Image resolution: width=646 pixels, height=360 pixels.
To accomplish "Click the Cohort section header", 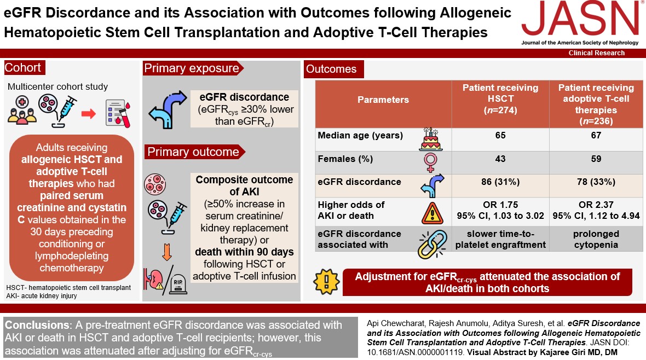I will click(x=23, y=68).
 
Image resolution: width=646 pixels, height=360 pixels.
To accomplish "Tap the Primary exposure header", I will click(x=191, y=68).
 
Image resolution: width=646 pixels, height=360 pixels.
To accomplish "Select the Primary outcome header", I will click(x=191, y=152).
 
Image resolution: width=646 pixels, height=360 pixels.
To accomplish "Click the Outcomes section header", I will click(x=331, y=69).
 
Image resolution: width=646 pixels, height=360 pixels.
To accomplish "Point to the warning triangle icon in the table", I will click(x=430, y=211).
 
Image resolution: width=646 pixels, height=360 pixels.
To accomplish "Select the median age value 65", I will click(x=500, y=136).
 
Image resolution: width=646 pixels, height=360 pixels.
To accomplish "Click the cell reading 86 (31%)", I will click(x=500, y=182).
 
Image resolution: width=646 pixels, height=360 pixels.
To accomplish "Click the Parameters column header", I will click(x=383, y=100).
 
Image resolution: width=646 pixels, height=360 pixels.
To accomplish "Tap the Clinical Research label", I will click(x=597, y=53).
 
